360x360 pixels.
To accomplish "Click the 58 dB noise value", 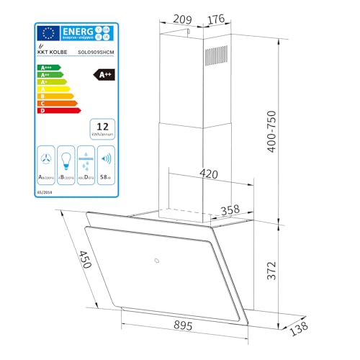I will click(105, 175).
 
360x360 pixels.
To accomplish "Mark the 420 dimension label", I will click(208, 174).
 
